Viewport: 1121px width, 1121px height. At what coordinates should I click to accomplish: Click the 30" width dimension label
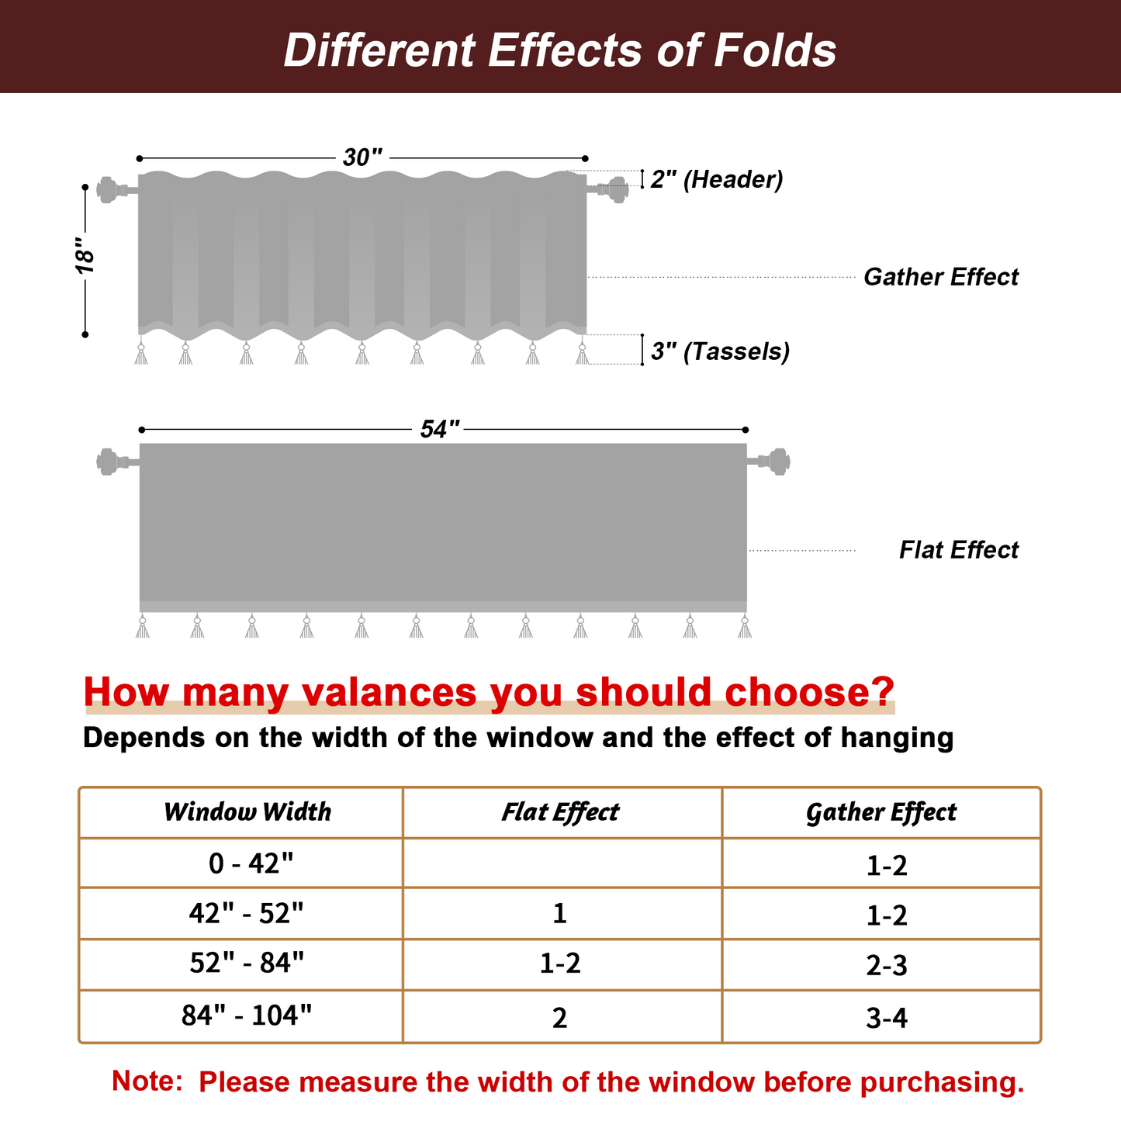[362, 157]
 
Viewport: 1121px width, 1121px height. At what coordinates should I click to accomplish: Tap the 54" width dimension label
[440, 429]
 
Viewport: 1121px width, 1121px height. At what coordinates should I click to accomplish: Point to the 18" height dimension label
[85, 258]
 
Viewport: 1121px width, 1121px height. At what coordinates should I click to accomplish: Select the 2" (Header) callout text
[716, 179]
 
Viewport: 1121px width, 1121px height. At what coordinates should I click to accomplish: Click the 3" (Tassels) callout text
[720, 351]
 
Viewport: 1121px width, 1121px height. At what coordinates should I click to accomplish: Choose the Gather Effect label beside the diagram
[940, 277]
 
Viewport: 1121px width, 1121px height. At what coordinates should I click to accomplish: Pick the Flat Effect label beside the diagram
[958, 550]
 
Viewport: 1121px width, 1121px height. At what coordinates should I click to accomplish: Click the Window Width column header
[247, 812]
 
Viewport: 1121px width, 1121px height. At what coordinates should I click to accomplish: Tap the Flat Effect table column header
[560, 812]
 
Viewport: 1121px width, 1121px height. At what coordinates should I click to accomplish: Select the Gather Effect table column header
[881, 812]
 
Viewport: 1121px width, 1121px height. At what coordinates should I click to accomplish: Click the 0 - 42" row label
[251, 863]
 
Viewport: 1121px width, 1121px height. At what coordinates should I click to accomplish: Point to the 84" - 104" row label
[247, 1015]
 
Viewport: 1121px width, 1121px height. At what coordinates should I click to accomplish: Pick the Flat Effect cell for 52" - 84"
[560, 964]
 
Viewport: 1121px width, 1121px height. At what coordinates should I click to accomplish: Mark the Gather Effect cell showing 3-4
[887, 1017]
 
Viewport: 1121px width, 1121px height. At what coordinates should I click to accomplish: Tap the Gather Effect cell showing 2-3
[887, 966]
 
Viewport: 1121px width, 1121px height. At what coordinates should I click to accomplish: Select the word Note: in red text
[147, 1081]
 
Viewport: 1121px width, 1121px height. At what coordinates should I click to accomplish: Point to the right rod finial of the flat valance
[777, 461]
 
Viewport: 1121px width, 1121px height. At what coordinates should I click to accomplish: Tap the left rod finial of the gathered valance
[108, 189]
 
